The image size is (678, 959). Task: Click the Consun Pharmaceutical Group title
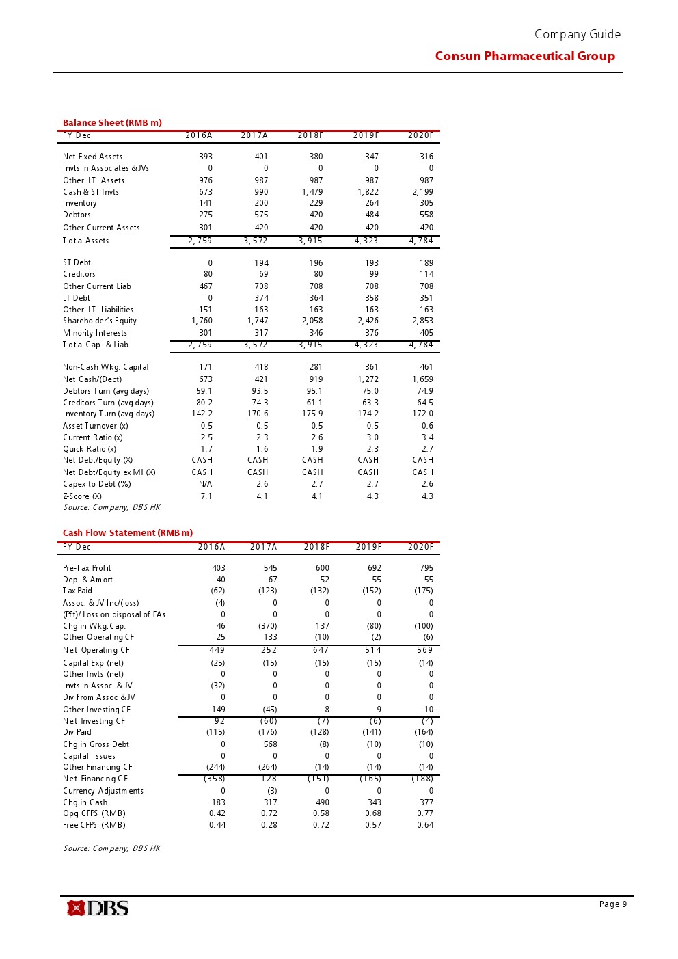(x=525, y=56)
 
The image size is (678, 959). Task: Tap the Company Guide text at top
(x=578, y=34)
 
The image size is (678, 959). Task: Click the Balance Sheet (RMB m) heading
(x=112, y=123)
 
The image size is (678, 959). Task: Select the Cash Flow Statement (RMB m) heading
(x=128, y=533)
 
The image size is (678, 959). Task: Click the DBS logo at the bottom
(x=98, y=908)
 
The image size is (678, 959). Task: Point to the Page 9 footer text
(x=612, y=904)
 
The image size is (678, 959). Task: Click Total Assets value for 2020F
(x=421, y=241)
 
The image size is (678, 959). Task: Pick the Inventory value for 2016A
(x=206, y=203)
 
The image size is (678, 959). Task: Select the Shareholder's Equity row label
(x=100, y=321)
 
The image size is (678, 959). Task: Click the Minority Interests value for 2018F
(x=316, y=333)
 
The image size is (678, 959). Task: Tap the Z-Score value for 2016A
(x=206, y=496)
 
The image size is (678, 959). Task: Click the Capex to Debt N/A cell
(x=205, y=484)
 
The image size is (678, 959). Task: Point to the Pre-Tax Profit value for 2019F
(x=374, y=568)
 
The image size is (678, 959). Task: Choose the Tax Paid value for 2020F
(x=423, y=591)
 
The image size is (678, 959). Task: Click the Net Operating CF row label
(x=96, y=650)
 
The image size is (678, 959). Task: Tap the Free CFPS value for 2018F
(x=321, y=825)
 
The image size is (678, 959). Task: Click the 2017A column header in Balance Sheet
(x=254, y=135)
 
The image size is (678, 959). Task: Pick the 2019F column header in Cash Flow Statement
(x=368, y=547)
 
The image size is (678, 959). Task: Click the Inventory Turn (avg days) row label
(x=109, y=414)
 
